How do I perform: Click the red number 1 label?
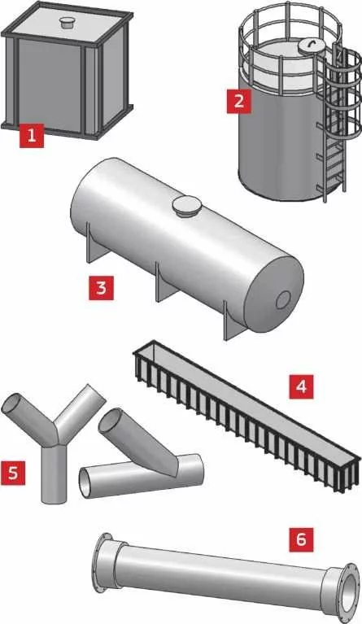click(x=32, y=135)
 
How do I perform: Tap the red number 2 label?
click(x=238, y=101)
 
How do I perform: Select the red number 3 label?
click(x=101, y=288)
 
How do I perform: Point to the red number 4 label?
click(x=301, y=386)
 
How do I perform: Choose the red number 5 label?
click(x=13, y=473)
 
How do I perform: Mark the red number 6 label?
click(x=301, y=540)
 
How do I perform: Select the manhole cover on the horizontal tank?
click(x=186, y=207)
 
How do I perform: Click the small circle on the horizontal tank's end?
click(x=283, y=299)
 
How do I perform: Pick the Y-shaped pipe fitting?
click(x=53, y=438)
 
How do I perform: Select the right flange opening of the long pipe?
click(x=350, y=587)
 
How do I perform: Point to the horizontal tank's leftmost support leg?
click(x=94, y=247)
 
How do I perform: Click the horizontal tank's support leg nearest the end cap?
click(x=233, y=323)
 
